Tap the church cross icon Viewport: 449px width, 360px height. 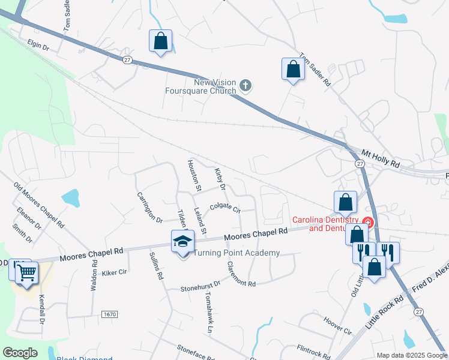pos(245,86)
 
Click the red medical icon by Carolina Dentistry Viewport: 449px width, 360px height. pos(368,223)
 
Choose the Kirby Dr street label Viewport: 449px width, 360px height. pos(220,178)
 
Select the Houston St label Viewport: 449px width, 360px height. pos(194,175)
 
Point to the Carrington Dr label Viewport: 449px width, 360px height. pos(149,207)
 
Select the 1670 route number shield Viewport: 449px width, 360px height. pos(109,314)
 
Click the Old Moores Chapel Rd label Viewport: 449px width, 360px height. pos(38,203)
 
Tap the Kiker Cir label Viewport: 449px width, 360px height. pos(114,272)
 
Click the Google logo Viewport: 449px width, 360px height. pos(20,353)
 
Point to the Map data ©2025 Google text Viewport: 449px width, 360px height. pos(411,355)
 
